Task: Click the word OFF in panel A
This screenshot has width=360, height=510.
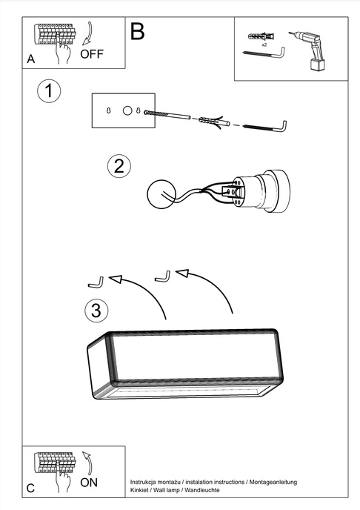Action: click(93, 54)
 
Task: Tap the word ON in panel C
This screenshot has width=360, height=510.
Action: click(89, 482)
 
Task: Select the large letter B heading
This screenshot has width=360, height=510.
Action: click(138, 31)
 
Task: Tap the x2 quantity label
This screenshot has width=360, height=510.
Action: click(264, 45)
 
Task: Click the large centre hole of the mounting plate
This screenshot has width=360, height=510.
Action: click(127, 110)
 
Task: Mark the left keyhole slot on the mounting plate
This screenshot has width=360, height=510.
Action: click(110, 110)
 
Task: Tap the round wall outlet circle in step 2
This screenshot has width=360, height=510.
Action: click(161, 195)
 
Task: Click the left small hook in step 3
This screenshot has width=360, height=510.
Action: click(94, 282)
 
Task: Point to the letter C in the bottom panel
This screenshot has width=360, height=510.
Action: click(30, 489)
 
